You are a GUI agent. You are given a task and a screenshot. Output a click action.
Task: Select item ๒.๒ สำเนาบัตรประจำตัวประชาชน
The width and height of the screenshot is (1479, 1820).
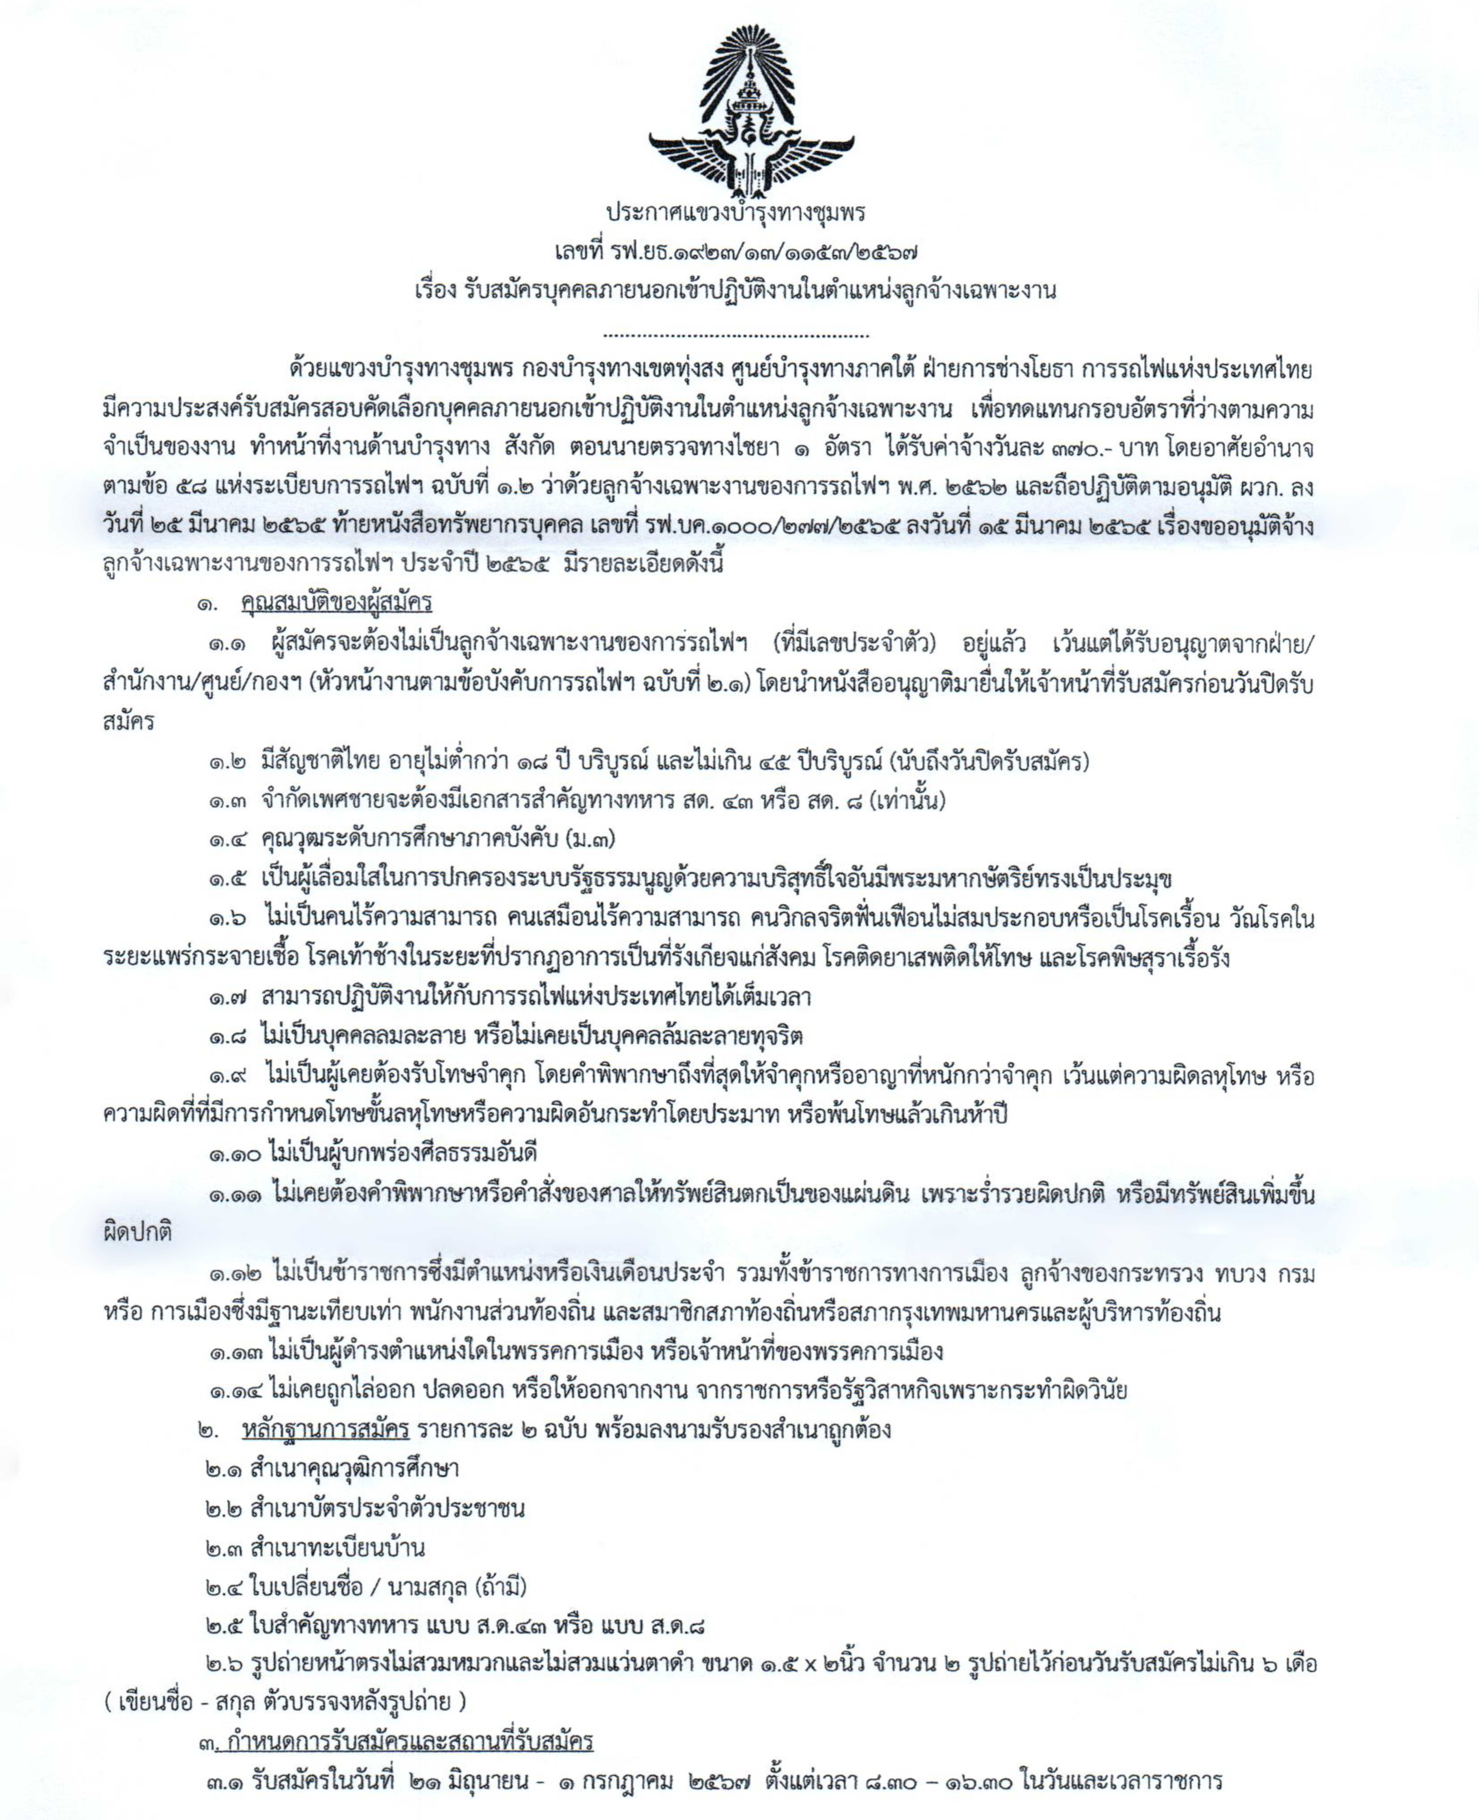[x=365, y=1508]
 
